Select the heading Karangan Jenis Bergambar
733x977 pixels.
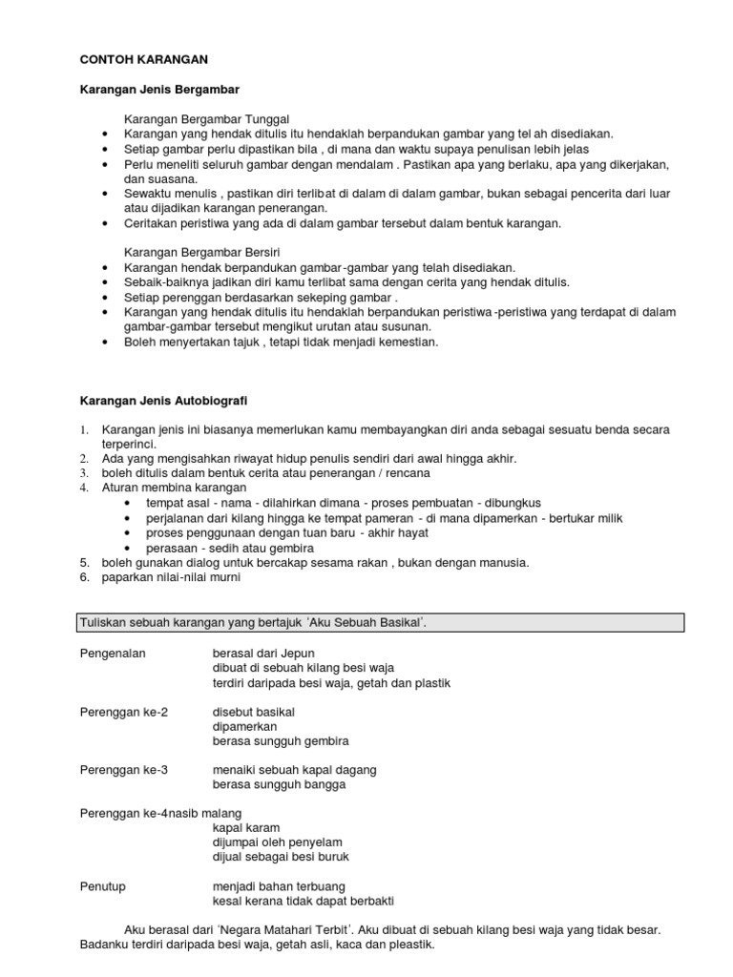pos(158,89)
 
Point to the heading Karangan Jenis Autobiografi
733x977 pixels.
pos(167,402)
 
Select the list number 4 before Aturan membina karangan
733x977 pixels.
pos(83,488)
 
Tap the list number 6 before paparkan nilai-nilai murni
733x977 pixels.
pos(83,577)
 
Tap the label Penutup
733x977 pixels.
pos(102,886)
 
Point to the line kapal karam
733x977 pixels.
pos(246,828)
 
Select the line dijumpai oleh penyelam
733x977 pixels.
pos(277,842)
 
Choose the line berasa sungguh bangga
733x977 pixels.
pos(280,785)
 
